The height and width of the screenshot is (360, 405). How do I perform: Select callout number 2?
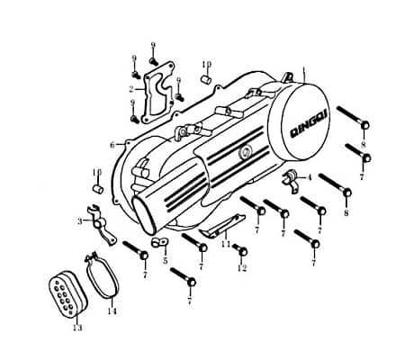[130, 88]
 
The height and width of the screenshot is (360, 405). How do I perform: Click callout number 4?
[310, 177]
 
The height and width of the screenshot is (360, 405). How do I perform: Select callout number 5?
[166, 261]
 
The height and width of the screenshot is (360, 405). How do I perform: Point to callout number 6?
[112, 144]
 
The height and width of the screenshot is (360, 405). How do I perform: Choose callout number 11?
[225, 245]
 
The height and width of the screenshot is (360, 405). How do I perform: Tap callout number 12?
[241, 268]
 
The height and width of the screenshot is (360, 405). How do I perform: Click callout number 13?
[76, 328]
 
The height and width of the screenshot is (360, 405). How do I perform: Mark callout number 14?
[112, 311]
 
